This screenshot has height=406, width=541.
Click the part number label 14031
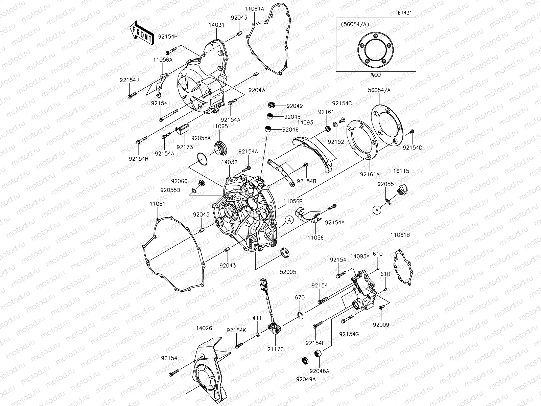point(217,25)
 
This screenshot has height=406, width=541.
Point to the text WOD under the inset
point(375,75)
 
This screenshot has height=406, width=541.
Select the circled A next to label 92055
point(377,210)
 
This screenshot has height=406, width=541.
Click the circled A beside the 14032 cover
point(289,220)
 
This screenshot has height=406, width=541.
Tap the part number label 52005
point(288,272)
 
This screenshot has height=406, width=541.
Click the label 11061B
point(400,235)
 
